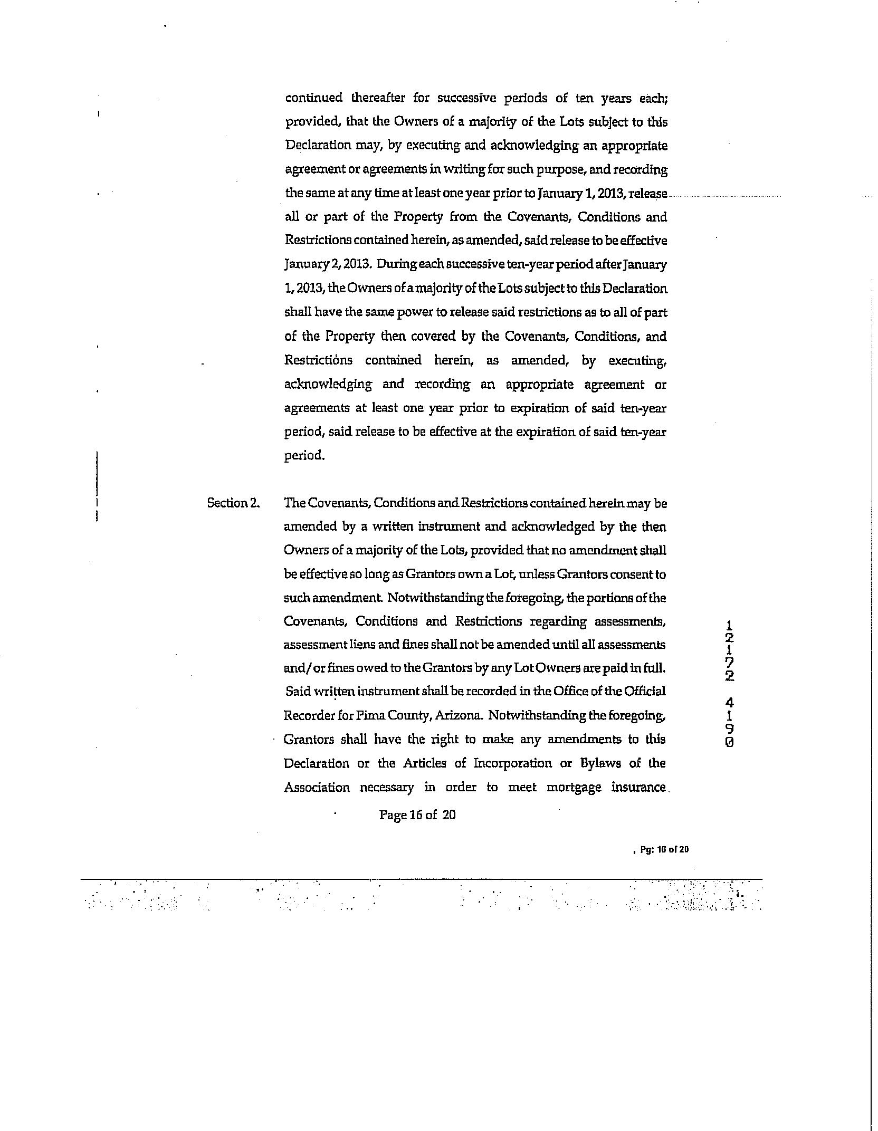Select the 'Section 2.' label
pyautogui.click(x=233, y=503)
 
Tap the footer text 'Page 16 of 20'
pyautogui.click(x=417, y=815)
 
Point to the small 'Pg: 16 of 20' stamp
pyautogui.click(x=664, y=849)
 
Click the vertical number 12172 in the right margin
pyautogui.click(x=729, y=650)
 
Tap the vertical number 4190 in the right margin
pyautogui.click(x=729, y=722)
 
